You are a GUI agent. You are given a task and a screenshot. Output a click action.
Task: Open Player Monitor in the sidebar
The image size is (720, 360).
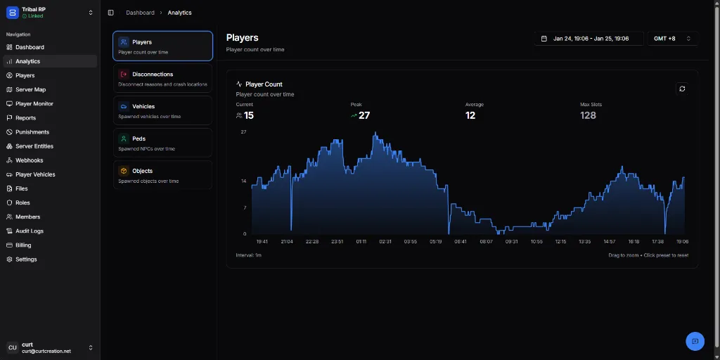click(x=34, y=104)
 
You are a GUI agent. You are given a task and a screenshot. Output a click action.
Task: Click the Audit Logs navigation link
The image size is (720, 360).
click(x=30, y=231)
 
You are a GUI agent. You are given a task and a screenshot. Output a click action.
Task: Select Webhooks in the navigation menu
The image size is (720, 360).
click(x=29, y=160)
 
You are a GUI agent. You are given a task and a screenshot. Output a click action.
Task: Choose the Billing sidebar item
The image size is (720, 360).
click(x=23, y=245)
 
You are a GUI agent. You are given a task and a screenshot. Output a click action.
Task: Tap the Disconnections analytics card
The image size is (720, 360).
click(x=162, y=79)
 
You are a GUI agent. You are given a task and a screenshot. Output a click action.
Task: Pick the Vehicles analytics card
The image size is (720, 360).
click(x=162, y=111)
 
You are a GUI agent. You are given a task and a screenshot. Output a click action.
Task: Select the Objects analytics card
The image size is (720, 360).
click(x=162, y=175)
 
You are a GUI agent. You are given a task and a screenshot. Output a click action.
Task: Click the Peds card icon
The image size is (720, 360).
click(x=124, y=139)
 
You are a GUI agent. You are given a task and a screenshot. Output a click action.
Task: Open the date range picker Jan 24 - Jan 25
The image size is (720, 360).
click(x=589, y=39)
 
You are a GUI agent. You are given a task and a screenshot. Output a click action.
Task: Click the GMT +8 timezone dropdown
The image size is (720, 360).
click(x=672, y=39)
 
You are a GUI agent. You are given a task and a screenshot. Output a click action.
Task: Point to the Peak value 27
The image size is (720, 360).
click(x=364, y=115)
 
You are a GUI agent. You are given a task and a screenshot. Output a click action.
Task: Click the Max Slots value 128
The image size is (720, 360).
click(x=588, y=115)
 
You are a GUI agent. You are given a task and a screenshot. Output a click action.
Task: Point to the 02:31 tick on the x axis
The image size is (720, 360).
click(x=385, y=241)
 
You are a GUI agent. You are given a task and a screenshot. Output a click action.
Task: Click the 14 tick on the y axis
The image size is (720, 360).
click(x=243, y=181)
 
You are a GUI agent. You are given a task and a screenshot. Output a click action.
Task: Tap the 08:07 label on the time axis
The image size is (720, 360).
click(x=486, y=241)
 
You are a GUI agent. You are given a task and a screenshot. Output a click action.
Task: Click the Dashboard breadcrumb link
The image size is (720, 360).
click(x=140, y=13)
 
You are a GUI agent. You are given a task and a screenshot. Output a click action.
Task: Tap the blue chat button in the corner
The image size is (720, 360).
click(x=695, y=341)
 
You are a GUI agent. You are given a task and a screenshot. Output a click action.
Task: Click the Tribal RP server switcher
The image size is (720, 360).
click(x=49, y=12)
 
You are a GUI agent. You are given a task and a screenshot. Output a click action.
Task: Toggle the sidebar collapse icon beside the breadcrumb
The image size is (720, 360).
click(x=111, y=13)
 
